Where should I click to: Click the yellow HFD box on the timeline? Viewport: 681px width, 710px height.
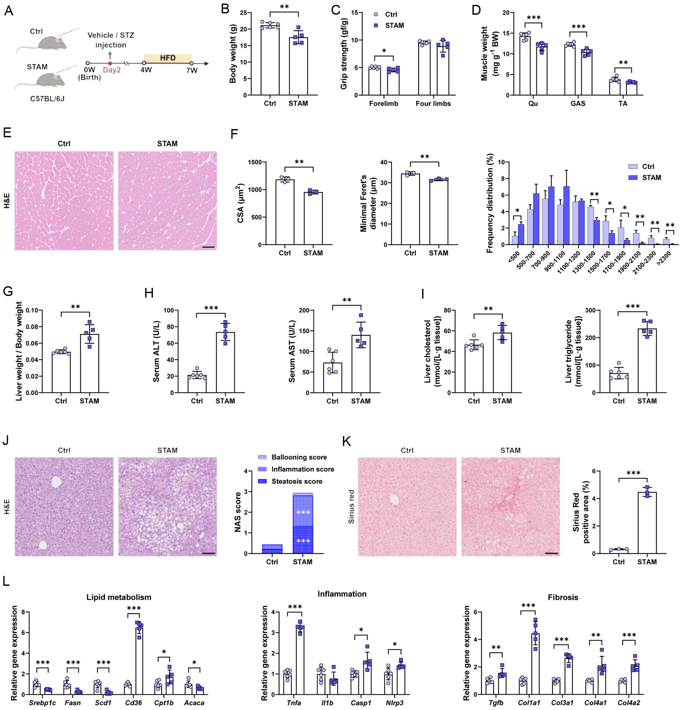(167, 58)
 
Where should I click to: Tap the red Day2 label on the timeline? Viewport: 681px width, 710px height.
(111, 70)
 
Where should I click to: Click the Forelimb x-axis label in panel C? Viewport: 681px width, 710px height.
(384, 104)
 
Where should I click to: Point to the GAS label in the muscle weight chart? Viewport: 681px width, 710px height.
(578, 104)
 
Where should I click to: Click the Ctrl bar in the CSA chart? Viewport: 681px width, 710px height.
(285, 212)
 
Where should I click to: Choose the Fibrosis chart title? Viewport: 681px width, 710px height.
(563, 597)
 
